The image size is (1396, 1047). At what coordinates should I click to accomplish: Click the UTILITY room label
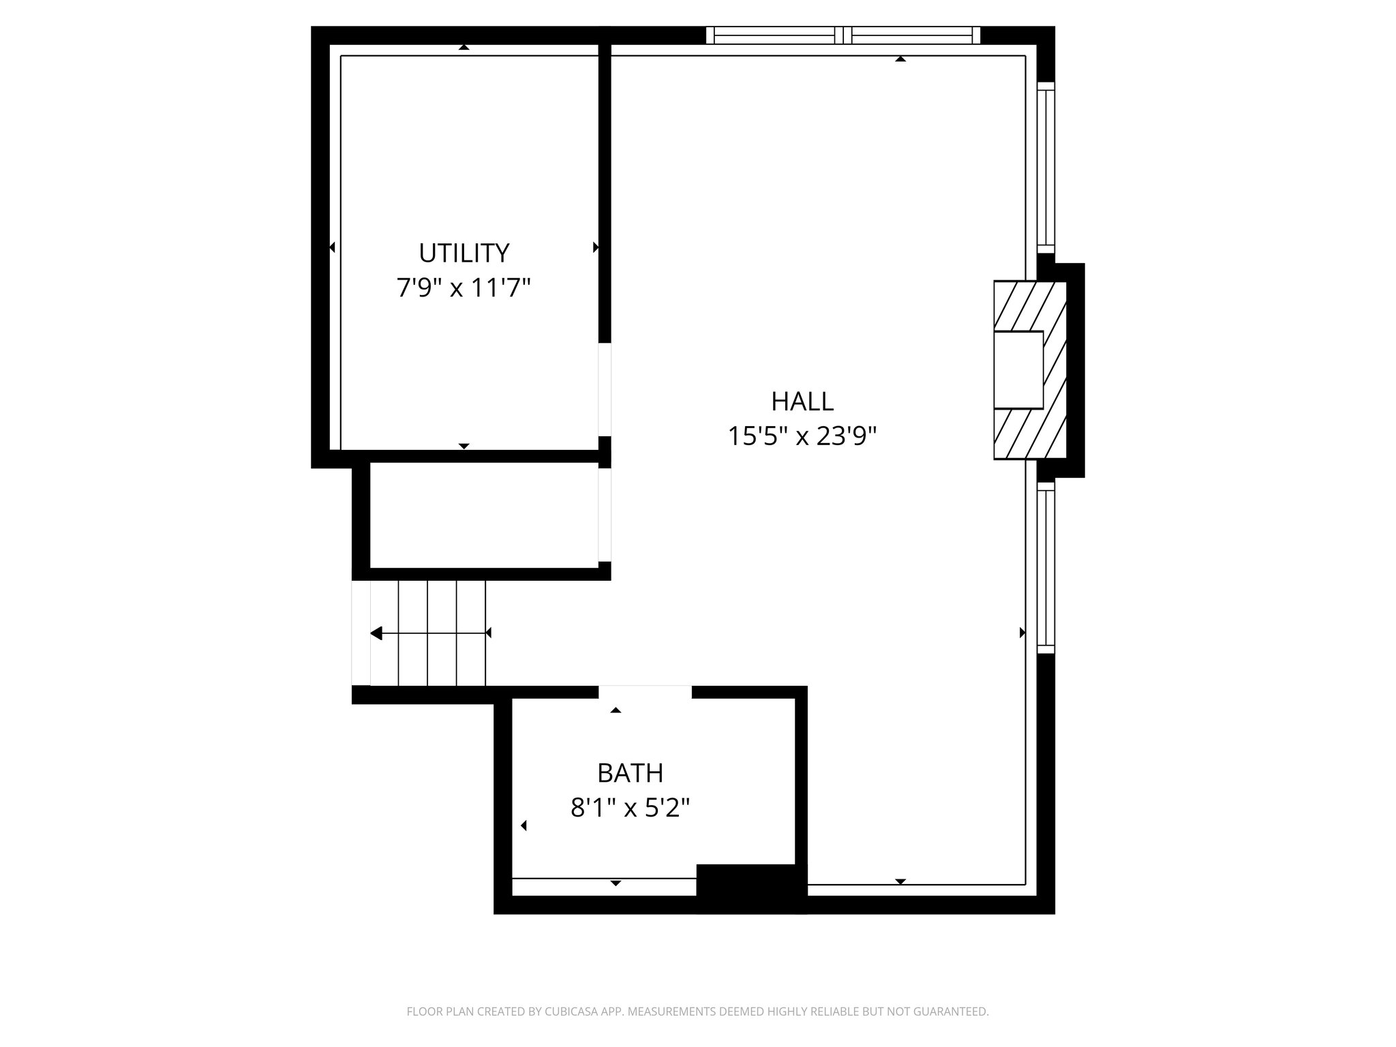[x=464, y=253]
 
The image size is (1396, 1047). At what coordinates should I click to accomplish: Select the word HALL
[x=802, y=401]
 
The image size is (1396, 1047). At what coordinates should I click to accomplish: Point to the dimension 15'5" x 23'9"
[x=802, y=436]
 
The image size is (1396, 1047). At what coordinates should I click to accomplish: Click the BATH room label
[x=630, y=773]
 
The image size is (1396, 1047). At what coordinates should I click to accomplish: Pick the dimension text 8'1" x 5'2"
[x=630, y=808]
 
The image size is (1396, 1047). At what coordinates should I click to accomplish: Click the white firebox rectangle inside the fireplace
[x=1018, y=369]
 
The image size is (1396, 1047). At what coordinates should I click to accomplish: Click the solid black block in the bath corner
[x=750, y=887]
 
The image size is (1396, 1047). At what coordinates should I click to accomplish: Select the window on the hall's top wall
[x=843, y=35]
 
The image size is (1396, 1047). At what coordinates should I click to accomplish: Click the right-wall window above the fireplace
[x=1046, y=167]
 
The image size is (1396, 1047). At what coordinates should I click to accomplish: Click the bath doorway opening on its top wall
[x=645, y=692]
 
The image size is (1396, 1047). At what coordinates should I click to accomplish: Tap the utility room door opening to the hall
[x=605, y=389]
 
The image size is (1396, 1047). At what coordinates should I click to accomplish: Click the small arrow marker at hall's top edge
[x=900, y=59]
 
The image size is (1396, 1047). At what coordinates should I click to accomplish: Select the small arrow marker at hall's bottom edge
[x=900, y=881]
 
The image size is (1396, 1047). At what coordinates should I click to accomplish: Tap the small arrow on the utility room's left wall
[x=332, y=247]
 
